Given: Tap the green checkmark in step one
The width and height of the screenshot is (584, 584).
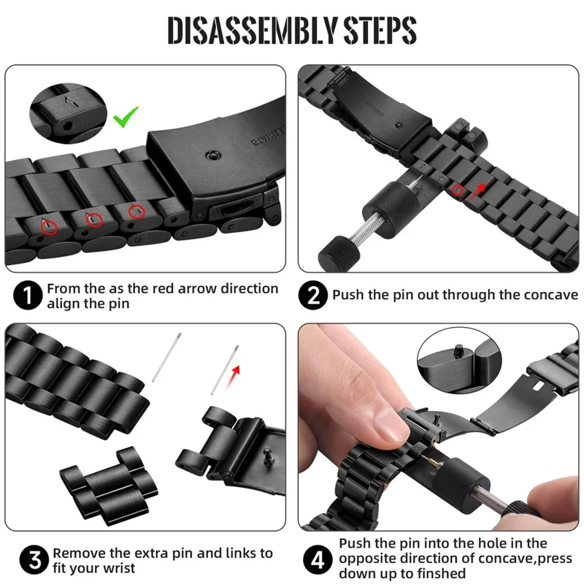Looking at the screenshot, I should point(126,115).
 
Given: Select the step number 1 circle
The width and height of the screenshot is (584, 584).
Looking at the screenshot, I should point(27,296).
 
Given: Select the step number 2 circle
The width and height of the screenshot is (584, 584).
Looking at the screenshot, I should point(313,296).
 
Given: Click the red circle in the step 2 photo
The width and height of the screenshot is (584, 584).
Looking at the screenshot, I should point(458,191).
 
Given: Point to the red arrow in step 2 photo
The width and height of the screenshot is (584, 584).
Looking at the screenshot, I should point(480,191).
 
